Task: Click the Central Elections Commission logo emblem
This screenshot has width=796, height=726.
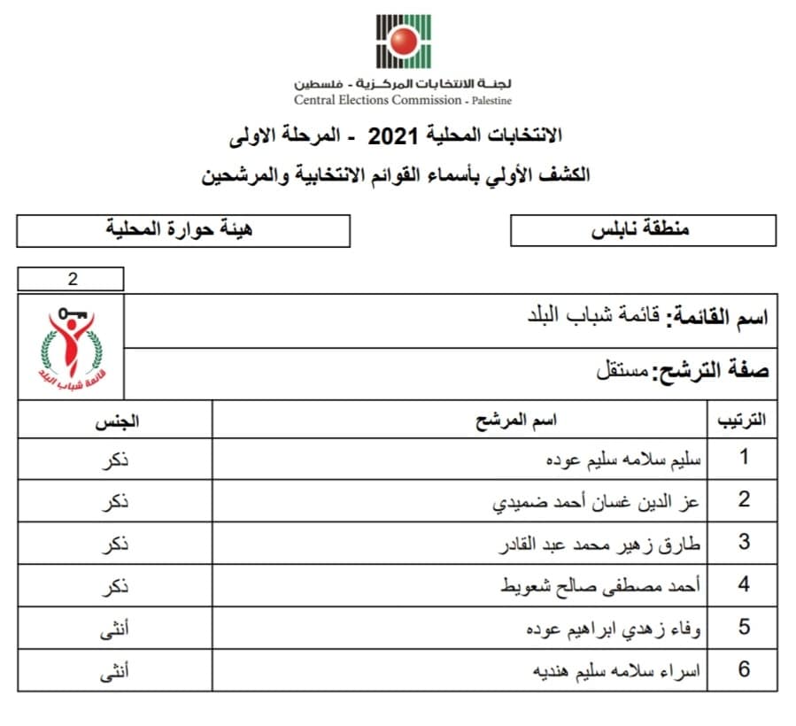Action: point(403,42)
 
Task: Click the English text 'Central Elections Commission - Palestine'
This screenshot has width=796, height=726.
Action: point(403,100)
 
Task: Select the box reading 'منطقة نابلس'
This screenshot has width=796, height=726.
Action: point(643,230)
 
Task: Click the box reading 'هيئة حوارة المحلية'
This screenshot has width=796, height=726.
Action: point(183,230)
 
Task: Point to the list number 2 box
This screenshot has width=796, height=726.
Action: point(72,280)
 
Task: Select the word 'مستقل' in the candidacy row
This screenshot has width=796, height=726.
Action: point(622,370)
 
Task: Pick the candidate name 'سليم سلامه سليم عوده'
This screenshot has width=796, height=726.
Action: point(625,460)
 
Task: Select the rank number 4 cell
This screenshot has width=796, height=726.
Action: point(744,584)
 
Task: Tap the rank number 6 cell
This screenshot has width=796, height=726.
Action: point(744,669)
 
